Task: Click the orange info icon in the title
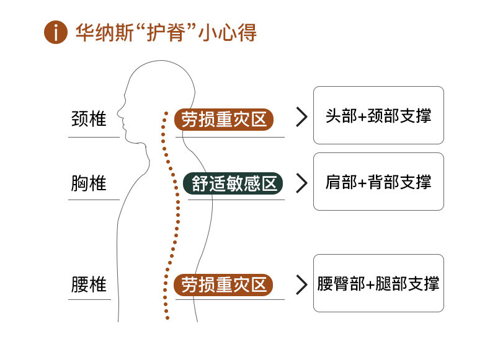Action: pyautogui.click(x=55, y=32)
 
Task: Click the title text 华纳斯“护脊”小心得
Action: pyautogui.click(x=166, y=32)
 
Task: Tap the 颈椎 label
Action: pyautogui.click(x=89, y=118)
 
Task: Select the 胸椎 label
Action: pyautogui.click(x=89, y=183)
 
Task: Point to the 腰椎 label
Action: pyautogui.click(x=89, y=284)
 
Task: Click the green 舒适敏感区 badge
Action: pyautogui.click(x=233, y=183)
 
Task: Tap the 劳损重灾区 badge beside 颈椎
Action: pyautogui.click(x=224, y=118)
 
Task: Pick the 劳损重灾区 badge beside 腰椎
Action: pyautogui.click(x=224, y=284)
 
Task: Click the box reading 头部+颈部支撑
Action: pyautogui.click(x=378, y=116)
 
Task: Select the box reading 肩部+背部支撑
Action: pyautogui.click(x=378, y=182)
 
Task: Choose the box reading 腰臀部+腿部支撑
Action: pyautogui.click(x=378, y=283)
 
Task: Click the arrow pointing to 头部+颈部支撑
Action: pyautogui.click(x=302, y=117)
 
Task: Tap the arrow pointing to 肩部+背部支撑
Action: pyautogui.click(x=302, y=183)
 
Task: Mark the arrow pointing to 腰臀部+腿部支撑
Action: pyautogui.click(x=302, y=284)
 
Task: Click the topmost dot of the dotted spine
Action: pyautogui.click(x=166, y=113)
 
